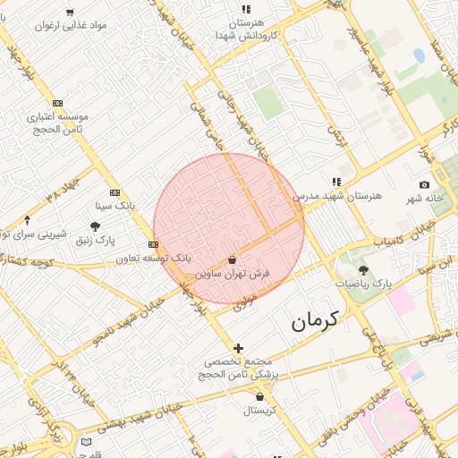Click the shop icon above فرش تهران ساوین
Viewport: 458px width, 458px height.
pos(233,259)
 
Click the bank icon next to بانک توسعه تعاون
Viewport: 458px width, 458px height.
pos(154,244)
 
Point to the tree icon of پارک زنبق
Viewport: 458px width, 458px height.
pos(96,227)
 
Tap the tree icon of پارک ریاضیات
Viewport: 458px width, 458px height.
pos(363,271)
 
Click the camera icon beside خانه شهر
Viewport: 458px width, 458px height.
pos(424,184)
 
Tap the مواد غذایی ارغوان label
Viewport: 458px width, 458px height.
pos(72,25)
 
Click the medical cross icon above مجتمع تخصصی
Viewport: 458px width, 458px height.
pos(238,348)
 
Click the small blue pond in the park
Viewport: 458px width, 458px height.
pos(419,55)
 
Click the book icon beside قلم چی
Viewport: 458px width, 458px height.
pos(86,441)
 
